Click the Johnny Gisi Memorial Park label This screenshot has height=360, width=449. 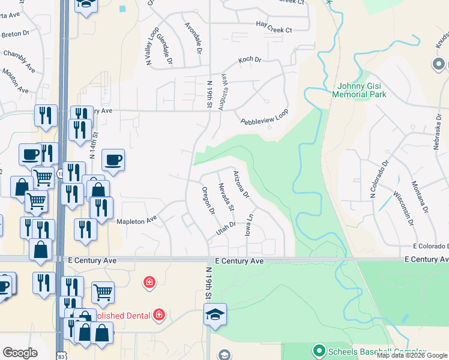coord(360,89)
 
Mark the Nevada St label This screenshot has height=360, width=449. coord(226,197)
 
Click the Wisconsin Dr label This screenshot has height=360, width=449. coord(403,209)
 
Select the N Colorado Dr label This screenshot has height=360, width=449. coord(373,178)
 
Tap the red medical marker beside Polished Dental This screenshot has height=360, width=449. coord(159,314)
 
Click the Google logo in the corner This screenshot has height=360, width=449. coord(20,353)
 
